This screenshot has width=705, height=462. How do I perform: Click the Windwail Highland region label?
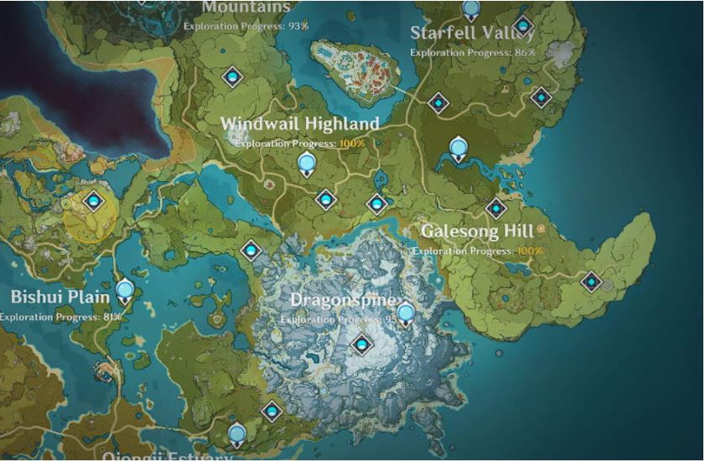299,124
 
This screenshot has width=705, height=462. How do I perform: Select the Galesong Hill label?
477,231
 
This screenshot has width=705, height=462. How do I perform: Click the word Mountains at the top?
246,8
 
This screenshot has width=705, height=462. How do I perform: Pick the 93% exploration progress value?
298,26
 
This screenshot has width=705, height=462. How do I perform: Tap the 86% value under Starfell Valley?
524,52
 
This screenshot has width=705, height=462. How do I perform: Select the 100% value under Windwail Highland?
352,143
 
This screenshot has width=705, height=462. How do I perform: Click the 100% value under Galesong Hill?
530,251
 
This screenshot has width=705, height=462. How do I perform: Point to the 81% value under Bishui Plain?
112,317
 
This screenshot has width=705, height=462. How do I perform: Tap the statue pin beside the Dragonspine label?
406,314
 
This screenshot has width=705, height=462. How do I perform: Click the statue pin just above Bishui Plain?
125,292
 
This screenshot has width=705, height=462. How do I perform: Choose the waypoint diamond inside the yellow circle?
93,201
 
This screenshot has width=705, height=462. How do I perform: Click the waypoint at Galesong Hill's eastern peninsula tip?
592,282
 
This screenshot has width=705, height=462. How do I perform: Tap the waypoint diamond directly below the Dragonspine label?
362,344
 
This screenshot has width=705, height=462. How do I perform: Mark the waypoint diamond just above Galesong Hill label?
496,208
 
